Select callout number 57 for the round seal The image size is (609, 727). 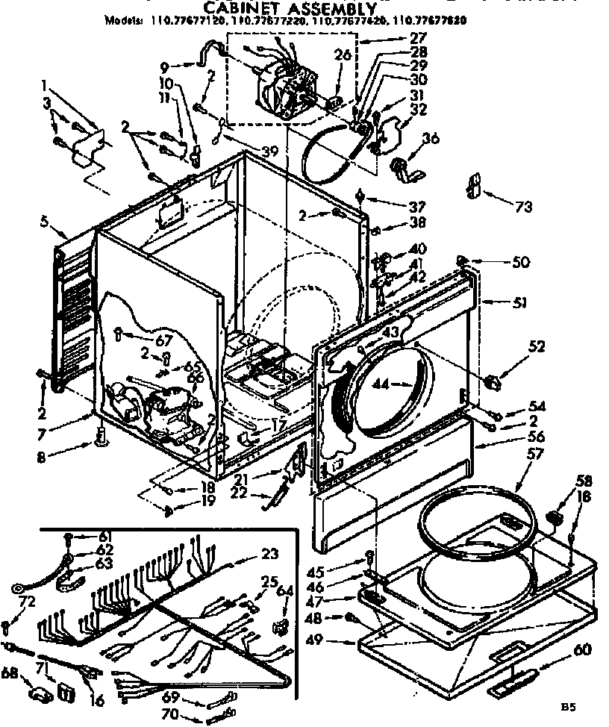click(534, 453)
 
